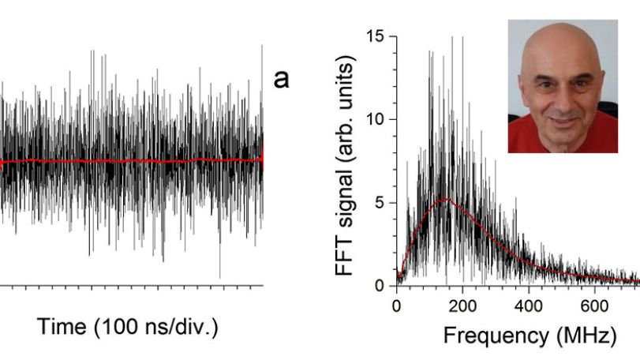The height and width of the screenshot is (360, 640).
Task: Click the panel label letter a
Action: coord(281,79)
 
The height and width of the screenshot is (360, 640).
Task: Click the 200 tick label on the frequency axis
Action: coord(462,306)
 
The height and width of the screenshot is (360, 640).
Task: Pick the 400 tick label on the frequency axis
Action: coord(528,306)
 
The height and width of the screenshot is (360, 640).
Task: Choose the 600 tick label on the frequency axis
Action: coord(594,306)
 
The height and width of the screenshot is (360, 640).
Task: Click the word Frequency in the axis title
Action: coord(496,336)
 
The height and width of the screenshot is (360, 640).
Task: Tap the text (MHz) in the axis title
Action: coord(586,336)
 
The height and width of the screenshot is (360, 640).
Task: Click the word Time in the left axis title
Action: coord(62,327)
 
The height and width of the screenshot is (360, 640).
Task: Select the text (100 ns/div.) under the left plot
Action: coord(156,328)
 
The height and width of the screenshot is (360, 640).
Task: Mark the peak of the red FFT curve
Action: coord(447,198)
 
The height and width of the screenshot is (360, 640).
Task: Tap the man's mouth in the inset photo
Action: coord(564,121)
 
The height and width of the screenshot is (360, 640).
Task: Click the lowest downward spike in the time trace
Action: coord(220,277)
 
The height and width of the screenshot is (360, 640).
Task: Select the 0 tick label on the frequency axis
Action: coord(396,306)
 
